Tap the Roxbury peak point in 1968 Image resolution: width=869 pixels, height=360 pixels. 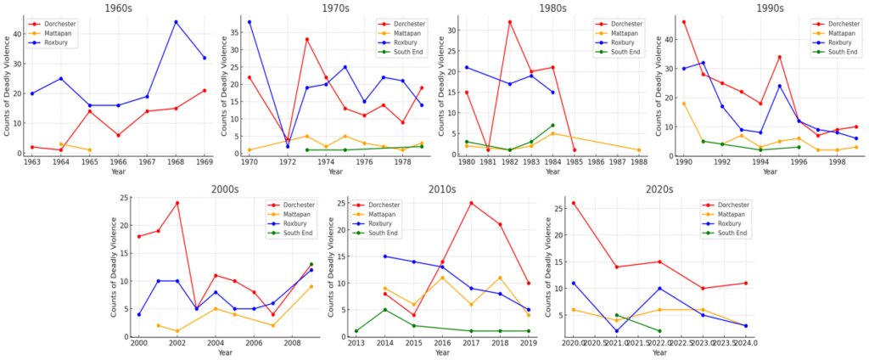click(x=176, y=22)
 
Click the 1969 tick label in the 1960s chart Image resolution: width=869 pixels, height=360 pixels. click(x=204, y=162)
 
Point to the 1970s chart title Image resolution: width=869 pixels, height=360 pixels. click(x=334, y=8)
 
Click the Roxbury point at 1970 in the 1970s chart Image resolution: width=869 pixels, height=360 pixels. click(x=249, y=22)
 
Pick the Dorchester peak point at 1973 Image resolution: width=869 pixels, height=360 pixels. click(x=307, y=39)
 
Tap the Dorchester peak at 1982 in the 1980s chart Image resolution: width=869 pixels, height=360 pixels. click(x=509, y=22)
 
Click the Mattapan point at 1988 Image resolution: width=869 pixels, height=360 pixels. click(x=638, y=150)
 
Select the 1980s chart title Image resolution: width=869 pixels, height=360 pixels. click(x=552, y=8)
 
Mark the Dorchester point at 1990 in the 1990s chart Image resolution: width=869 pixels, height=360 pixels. click(x=683, y=22)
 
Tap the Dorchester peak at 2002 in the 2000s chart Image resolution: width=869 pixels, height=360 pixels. click(x=177, y=203)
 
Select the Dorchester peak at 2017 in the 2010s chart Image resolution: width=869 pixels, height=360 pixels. click(x=470, y=203)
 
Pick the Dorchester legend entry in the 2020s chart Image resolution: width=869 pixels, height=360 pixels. click(x=728, y=205)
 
